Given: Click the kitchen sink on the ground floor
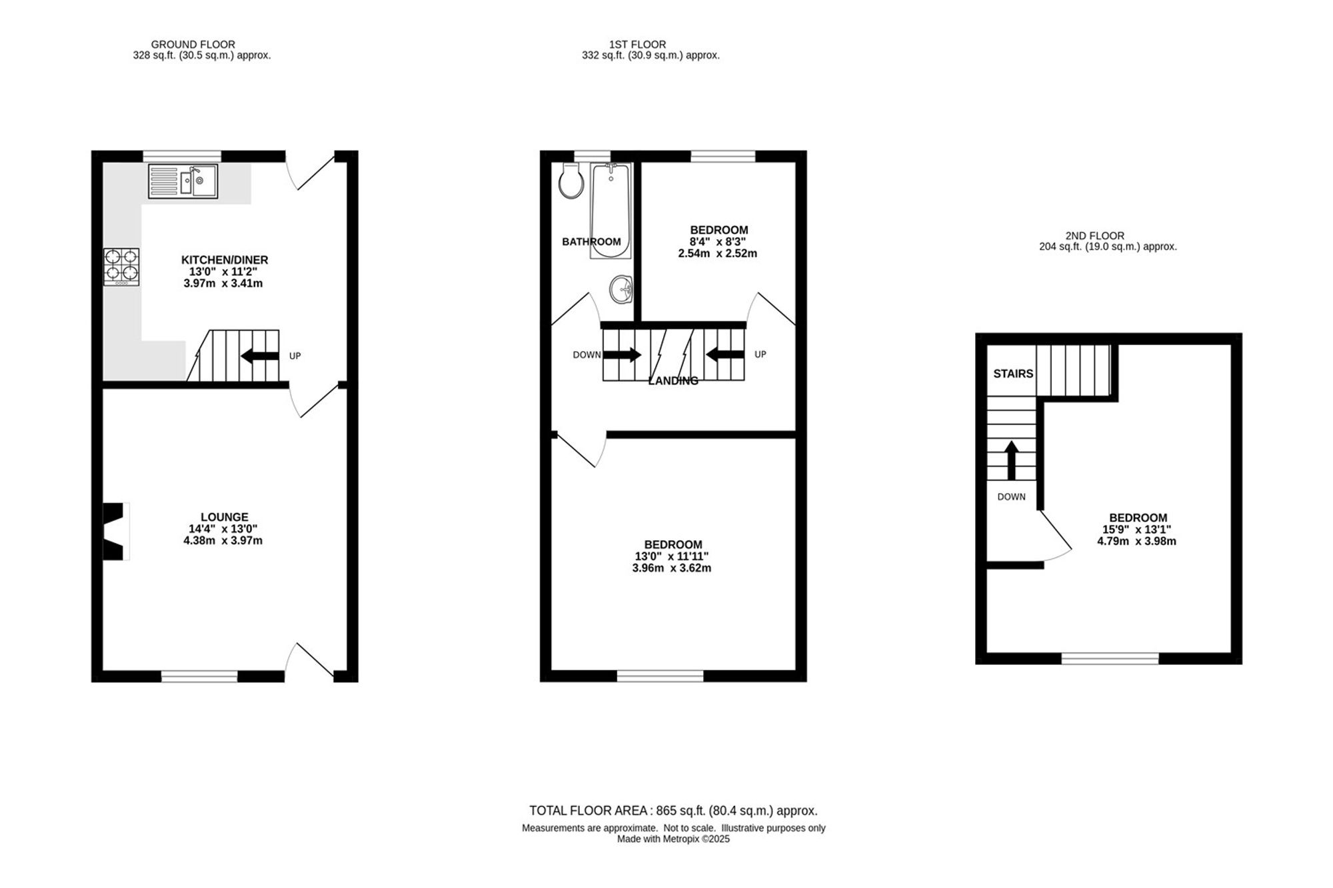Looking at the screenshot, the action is [183, 181].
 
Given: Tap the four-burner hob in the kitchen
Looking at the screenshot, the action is [121, 267].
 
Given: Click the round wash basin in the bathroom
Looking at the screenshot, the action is [621, 290].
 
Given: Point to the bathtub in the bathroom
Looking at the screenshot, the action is [611, 211].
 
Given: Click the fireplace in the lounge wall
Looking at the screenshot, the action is [114, 532].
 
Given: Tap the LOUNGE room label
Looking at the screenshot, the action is [225, 517].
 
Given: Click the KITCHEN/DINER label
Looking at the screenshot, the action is [225, 260].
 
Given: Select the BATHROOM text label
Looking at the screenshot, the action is [591, 242].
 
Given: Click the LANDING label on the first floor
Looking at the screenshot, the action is [673, 381].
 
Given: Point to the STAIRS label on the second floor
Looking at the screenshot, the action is [1013, 374].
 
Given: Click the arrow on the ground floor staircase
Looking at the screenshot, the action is [260, 356].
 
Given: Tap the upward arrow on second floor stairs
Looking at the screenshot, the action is [1012, 460].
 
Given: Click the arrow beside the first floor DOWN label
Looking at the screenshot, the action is [622, 355].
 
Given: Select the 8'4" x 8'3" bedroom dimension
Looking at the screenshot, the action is [718, 242].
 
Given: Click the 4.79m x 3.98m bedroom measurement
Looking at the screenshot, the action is [1137, 542].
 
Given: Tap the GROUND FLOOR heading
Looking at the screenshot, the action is [193, 45].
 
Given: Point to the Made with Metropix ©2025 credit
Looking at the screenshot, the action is [673, 839].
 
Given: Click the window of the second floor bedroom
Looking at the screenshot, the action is [1110, 659].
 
